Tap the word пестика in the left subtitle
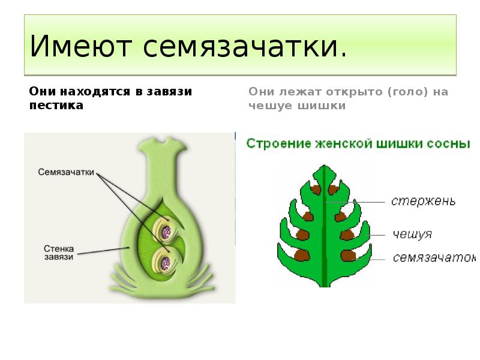pyautogui.click(x=56, y=105)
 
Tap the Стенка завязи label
pyautogui.click(x=59, y=251)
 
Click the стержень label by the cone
pyautogui.click(x=423, y=201)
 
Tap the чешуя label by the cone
pyautogui.click(x=412, y=234)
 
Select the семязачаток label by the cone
pyautogui.click(x=433, y=258)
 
